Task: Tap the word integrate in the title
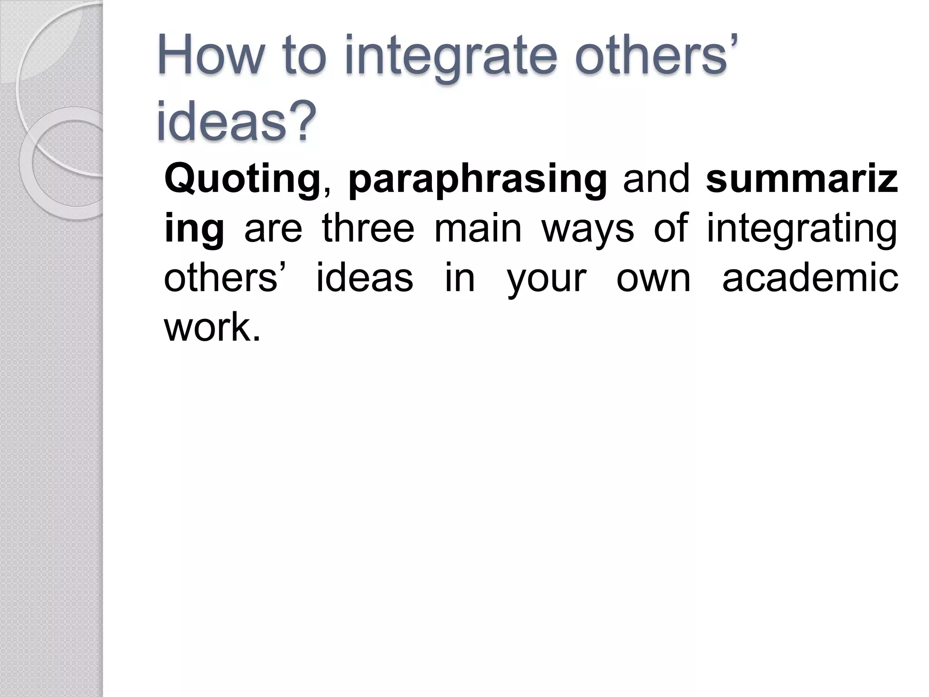point(450,59)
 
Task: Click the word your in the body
point(547,280)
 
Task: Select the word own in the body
point(654,280)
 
